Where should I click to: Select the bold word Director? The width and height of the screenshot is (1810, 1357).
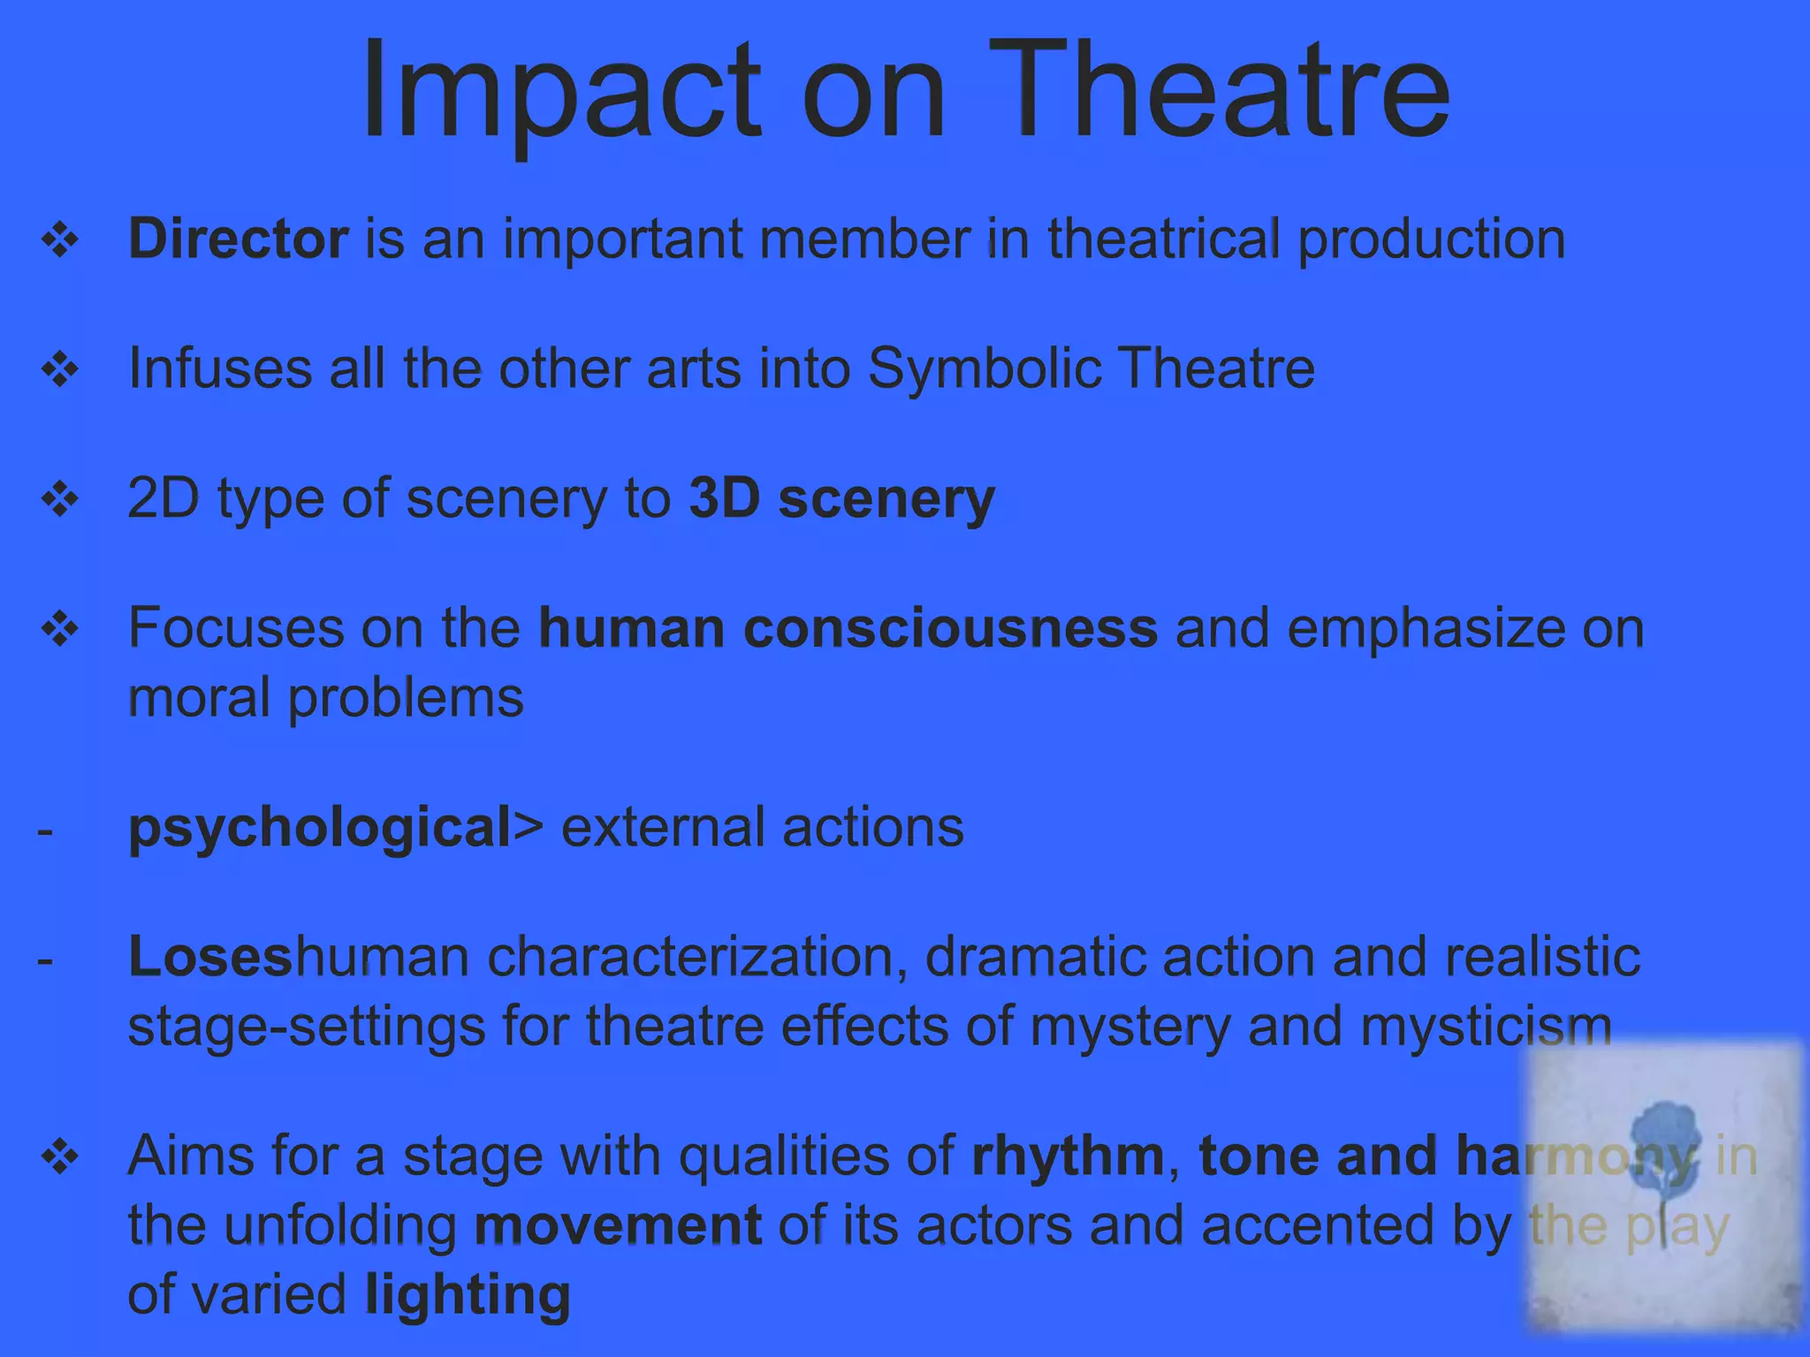tap(239, 239)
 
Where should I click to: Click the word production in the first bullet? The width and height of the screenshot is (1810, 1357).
tap(1432, 240)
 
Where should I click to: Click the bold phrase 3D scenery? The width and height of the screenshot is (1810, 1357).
tap(841, 499)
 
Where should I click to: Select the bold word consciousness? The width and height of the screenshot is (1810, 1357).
tap(950, 628)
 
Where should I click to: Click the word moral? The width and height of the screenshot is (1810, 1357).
tap(200, 698)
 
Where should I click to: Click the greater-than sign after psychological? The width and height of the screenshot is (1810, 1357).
tap(528, 829)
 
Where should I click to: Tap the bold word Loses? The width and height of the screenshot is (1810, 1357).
tap(210, 958)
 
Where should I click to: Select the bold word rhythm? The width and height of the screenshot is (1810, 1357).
tap(1068, 1156)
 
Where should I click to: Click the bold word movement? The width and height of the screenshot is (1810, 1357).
tap(618, 1226)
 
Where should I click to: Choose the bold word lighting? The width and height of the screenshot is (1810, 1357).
tap(468, 1296)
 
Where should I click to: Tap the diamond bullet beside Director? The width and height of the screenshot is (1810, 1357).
tap(60, 240)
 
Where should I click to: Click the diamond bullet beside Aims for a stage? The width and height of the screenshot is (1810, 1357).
tap(60, 1157)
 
